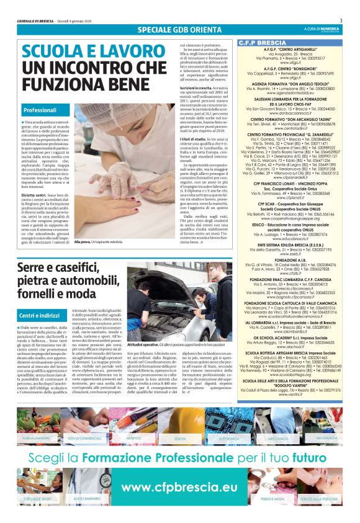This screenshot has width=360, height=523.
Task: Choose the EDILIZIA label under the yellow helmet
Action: (181, 420)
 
